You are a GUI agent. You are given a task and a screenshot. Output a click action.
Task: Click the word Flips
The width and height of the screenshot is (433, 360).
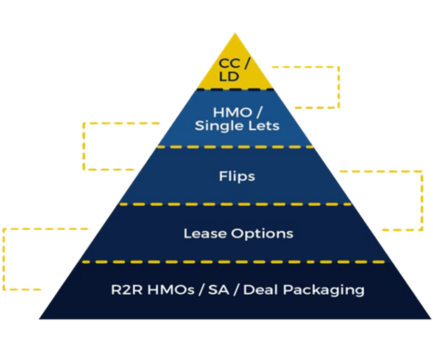click(x=237, y=176)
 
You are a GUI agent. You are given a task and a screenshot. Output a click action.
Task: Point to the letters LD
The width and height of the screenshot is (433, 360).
click(x=229, y=76)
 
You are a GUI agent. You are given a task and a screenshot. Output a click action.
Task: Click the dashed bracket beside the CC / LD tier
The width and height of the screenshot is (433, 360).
click(x=338, y=87)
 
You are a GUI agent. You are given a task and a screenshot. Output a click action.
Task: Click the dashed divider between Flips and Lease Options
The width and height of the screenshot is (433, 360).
click(x=236, y=204)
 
